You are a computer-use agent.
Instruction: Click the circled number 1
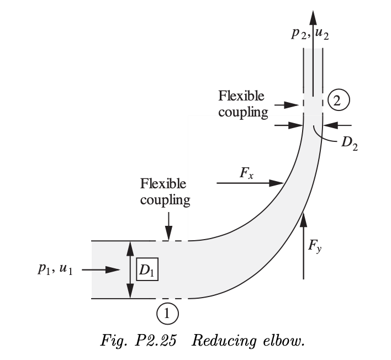169,313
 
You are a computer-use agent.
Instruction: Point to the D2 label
349,143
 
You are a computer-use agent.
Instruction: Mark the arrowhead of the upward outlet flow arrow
313,15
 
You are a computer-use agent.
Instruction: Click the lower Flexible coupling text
163,191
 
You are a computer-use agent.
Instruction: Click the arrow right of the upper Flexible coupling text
286,104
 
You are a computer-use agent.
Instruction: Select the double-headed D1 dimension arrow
130,270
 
